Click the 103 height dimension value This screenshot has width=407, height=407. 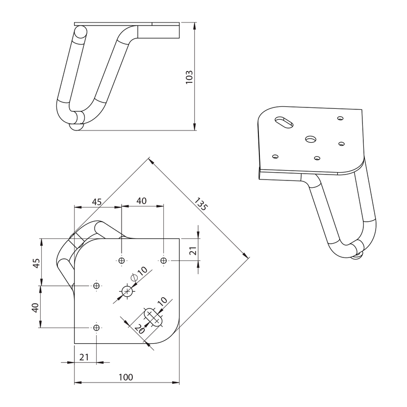point(189,77)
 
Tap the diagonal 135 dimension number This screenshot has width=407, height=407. point(201,204)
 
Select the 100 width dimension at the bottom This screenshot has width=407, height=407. point(126,377)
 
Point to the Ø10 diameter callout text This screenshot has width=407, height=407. point(139,274)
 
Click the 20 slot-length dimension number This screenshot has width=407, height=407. point(139,329)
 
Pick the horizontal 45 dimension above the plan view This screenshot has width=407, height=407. point(97,202)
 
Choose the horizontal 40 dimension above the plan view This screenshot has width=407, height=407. point(141,201)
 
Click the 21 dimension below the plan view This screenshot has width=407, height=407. point(84,357)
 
